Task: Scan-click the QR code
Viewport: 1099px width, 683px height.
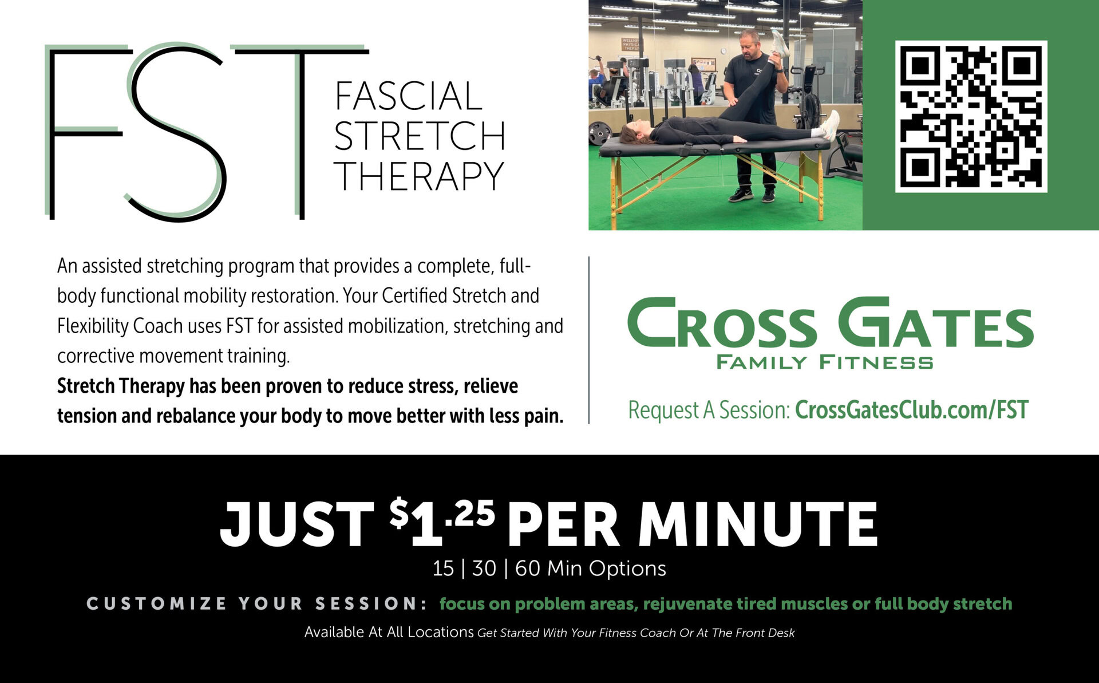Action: pyautogui.click(x=971, y=116)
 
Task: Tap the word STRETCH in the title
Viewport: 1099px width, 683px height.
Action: pyautogui.click(x=420, y=136)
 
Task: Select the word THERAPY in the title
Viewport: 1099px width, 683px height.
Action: pyautogui.click(x=419, y=176)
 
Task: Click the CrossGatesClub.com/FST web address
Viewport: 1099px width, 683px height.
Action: pyautogui.click(x=912, y=410)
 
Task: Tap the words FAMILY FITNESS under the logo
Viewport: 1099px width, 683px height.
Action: pyautogui.click(x=824, y=362)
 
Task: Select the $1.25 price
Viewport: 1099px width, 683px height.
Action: pyautogui.click(x=442, y=522)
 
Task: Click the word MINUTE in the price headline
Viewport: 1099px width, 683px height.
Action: pyautogui.click(x=758, y=524)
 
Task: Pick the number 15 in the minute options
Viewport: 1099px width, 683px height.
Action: pyautogui.click(x=443, y=568)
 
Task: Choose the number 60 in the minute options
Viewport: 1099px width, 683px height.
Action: pyautogui.click(x=527, y=568)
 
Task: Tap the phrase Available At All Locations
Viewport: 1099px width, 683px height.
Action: pyautogui.click(x=389, y=632)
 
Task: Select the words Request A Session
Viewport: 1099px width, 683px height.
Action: pyautogui.click(x=709, y=410)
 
